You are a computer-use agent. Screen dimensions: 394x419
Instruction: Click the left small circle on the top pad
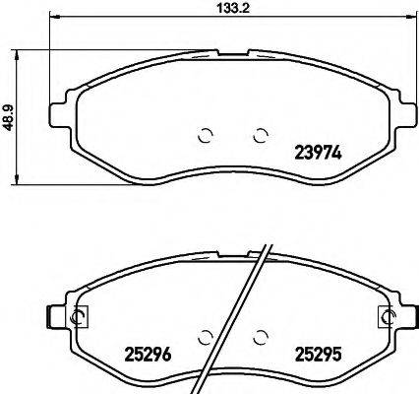click(x=206, y=136)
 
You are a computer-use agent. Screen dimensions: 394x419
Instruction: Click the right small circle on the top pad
click(x=261, y=136)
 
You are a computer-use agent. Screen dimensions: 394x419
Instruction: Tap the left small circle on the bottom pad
click(x=206, y=335)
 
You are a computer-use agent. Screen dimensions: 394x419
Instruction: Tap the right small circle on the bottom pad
click(x=261, y=335)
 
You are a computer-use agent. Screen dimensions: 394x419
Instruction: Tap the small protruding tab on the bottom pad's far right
click(x=413, y=316)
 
